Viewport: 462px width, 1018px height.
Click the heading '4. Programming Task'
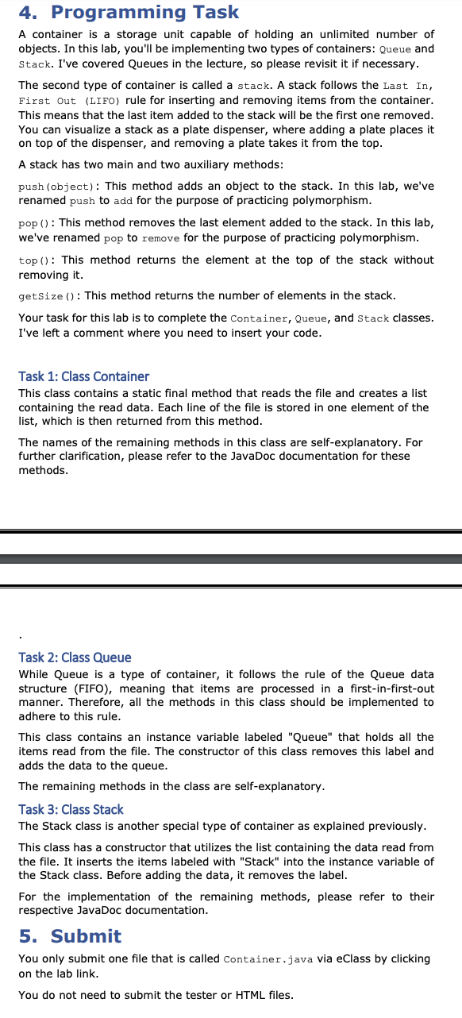coord(129,12)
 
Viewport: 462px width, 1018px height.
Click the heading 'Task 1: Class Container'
coord(83,376)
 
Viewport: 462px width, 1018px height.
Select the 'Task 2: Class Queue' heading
coord(75,657)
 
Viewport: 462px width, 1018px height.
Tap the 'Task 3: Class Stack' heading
coord(71,809)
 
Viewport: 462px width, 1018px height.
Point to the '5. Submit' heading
coord(70,936)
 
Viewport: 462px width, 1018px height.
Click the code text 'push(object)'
coord(50,186)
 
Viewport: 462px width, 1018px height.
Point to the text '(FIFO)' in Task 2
coord(98,688)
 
